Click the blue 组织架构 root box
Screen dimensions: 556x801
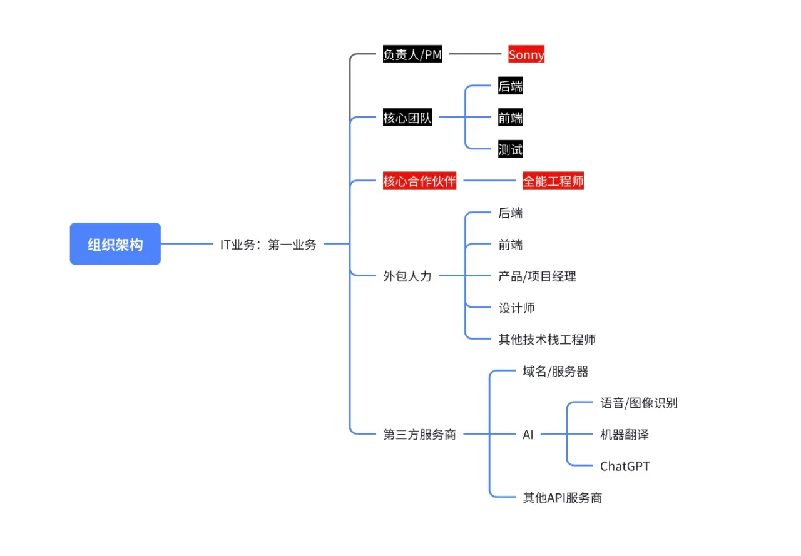point(115,244)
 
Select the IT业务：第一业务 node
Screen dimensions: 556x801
point(268,245)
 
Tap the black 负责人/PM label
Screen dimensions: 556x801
point(412,55)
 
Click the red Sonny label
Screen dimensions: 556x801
point(526,55)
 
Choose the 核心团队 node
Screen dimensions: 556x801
point(407,118)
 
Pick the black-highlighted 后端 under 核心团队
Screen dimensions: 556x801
point(510,87)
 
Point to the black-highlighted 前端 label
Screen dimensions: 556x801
point(510,118)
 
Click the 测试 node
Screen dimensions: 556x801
point(510,149)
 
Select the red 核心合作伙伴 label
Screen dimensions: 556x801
point(419,181)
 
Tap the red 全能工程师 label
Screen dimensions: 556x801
point(553,181)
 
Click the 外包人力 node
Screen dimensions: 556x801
point(407,276)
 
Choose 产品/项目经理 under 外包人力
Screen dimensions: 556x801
point(537,276)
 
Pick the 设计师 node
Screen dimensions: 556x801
point(516,308)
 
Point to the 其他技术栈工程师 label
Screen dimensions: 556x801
point(547,340)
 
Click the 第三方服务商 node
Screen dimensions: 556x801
point(419,435)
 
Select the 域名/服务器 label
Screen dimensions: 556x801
point(556,372)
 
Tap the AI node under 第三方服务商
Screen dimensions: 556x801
point(528,435)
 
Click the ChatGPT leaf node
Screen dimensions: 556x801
point(625,466)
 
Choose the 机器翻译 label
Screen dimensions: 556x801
point(624,435)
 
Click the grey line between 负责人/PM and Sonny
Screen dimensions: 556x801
point(479,54)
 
